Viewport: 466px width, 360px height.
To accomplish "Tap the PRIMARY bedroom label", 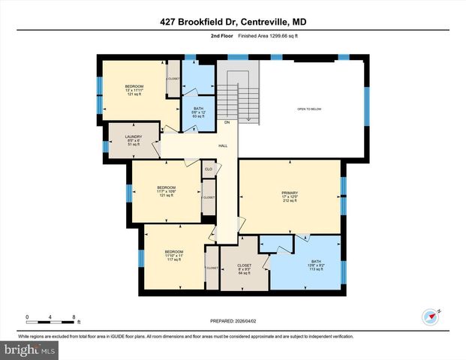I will [290, 194].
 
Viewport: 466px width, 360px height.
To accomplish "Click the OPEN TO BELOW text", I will [311, 108].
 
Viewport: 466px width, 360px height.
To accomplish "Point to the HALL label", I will [223, 146].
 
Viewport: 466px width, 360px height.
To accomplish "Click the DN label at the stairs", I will [227, 122].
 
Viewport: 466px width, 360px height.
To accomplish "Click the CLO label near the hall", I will [208, 169].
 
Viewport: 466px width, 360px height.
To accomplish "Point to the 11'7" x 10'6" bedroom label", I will [166, 191].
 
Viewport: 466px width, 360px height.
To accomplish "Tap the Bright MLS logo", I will [30, 350].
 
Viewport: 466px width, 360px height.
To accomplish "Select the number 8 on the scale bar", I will [74, 316].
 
